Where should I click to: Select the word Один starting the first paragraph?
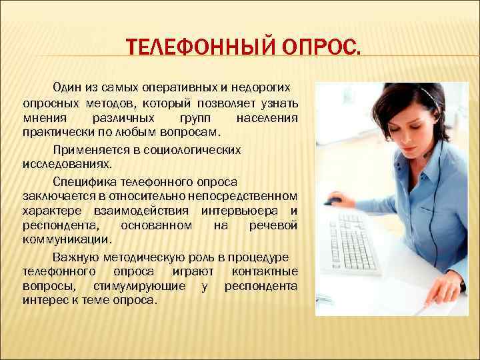[66, 87]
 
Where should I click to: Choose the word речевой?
[273, 226]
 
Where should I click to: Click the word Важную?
[72, 257]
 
